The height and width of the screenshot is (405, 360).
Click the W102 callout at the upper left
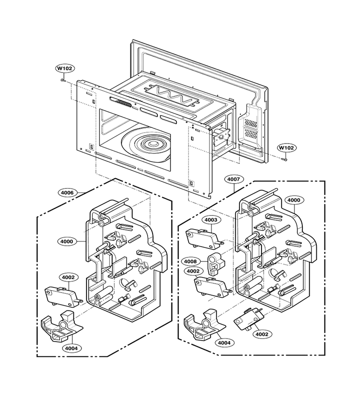[x=65, y=68]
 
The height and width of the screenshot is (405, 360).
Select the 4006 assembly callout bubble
[x=67, y=193]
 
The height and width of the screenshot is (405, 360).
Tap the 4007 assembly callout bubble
[x=234, y=179]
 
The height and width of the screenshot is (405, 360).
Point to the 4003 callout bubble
[x=211, y=220]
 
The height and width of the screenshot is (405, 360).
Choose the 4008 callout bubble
[x=190, y=261]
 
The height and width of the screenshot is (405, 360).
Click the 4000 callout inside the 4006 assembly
[x=67, y=242]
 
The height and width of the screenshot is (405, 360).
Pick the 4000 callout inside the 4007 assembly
[x=294, y=200]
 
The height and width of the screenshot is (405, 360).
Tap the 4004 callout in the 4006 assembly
[x=71, y=348]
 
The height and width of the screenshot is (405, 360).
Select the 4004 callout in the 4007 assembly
[x=225, y=343]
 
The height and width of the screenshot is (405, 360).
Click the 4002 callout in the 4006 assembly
[x=68, y=277]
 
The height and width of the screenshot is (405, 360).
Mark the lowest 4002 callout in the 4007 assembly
[x=262, y=334]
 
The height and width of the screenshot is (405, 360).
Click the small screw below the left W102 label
[x=63, y=81]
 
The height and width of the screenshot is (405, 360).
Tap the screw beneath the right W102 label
[x=284, y=159]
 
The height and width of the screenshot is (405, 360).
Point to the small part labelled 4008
[x=216, y=263]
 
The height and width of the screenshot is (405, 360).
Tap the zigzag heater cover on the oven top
[x=170, y=96]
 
